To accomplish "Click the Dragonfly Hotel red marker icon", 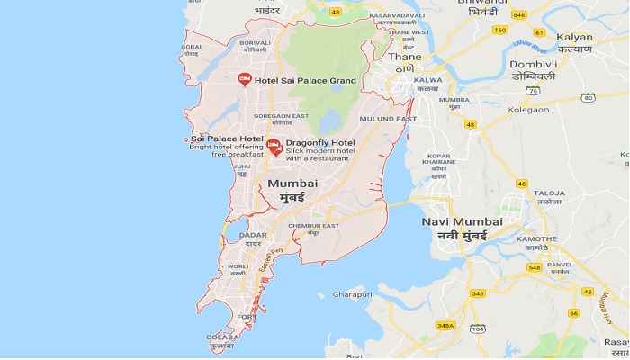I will pos(274,147).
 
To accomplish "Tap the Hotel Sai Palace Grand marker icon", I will pos(244,80).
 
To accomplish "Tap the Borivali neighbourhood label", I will pos(255,42).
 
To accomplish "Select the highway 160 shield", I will pos(499,30).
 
